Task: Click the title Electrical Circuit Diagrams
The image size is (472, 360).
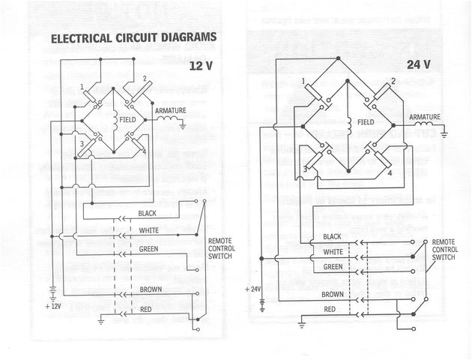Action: coord(133,37)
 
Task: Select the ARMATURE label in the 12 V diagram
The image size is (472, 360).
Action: coord(170,111)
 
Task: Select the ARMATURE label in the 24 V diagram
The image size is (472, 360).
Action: coord(425,118)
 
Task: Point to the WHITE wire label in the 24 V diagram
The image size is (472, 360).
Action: coord(333,251)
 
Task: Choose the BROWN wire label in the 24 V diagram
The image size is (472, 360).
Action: coord(334,295)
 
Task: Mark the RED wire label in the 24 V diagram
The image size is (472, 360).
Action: coord(330,309)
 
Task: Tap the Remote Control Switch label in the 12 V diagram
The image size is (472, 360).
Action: coord(221,248)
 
